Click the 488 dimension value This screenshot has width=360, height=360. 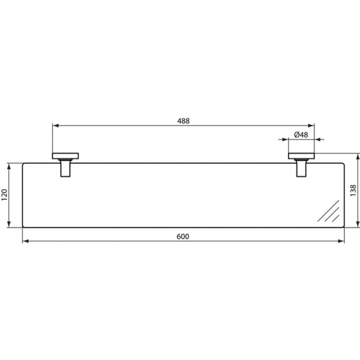click(x=183, y=121)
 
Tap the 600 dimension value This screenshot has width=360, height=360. click(x=183, y=236)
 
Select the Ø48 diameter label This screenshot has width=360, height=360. click(x=301, y=135)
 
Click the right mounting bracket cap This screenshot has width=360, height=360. click(x=302, y=157)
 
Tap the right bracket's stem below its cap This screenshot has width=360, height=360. click(x=302, y=169)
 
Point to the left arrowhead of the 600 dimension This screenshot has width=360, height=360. click(x=25, y=242)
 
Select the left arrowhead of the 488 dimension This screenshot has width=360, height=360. click(x=56, y=126)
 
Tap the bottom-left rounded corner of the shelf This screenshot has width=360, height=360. click(x=24, y=226)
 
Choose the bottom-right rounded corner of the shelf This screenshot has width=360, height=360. click(x=343, y=226)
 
